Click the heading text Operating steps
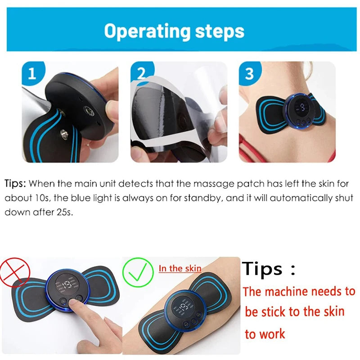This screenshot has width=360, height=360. coord(174,31)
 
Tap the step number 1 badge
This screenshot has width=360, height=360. coord(31,73)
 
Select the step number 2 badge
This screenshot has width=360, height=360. coord(141,73)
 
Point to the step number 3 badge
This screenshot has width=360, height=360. coord(249,73)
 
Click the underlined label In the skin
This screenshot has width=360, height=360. coord(180,269)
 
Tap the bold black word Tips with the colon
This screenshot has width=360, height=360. coord(269,269)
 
